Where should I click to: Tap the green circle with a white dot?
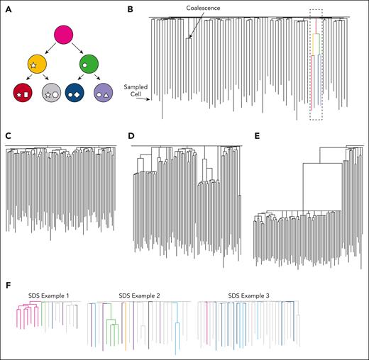[89, 64]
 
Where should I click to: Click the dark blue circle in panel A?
[76, 94]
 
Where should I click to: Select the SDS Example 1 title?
[45, 290]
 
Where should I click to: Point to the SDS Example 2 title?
[136, 290]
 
